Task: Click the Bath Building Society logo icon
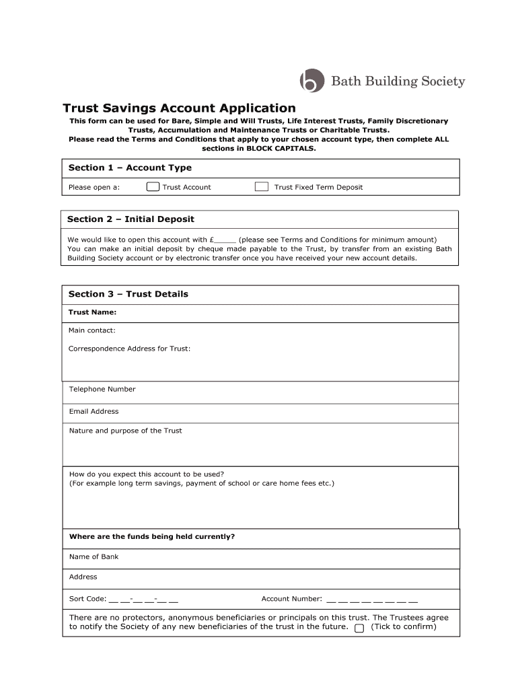(311, 81)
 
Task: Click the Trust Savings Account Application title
(179, 108)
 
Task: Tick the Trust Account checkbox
(153, 187)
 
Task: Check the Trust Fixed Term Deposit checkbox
(262, 187)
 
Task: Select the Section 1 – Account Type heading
(130, 168)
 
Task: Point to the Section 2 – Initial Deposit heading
(131, 219)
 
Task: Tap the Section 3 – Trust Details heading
(128, 294)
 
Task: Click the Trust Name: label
(93, 312)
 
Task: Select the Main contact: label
(91, 330)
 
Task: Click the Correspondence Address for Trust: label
(129, 349)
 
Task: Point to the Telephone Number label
(102, 389)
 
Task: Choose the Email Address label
(94, 411)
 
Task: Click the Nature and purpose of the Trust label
(125, 431)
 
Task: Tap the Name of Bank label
(94, 556)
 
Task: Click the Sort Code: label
(87, 599)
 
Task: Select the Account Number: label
(291, 599)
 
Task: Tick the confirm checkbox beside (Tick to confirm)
(359, 628)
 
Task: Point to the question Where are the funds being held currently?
(152, 537)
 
